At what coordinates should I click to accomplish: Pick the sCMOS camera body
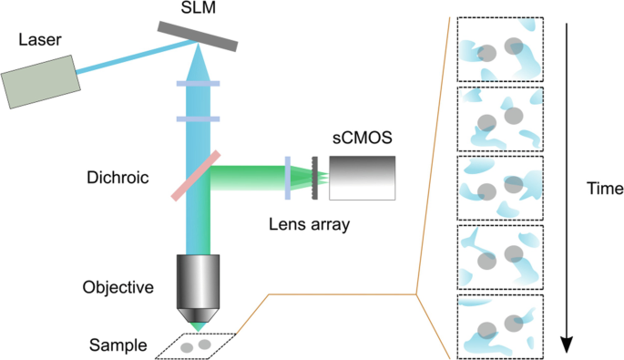[x=363, y=176]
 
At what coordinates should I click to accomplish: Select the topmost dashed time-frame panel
[x=499, y=50]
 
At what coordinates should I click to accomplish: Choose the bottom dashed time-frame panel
[x=499, y=325]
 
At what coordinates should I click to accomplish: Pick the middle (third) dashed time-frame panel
[x=499, y=188]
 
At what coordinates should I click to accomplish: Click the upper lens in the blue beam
[x=197, y=85]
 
